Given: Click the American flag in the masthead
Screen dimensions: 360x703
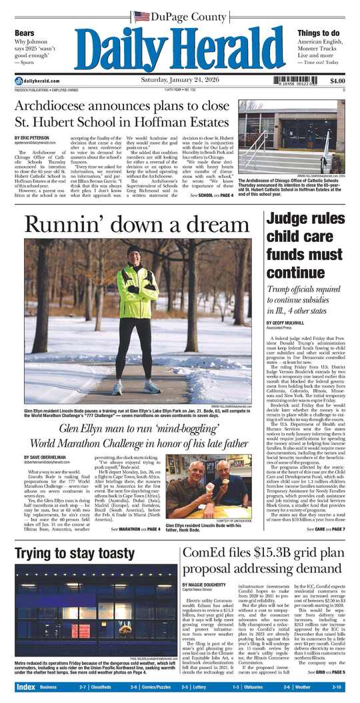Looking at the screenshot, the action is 141,17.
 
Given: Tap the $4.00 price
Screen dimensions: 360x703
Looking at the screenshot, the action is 337,81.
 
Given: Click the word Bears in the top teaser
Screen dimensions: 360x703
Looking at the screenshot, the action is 25,33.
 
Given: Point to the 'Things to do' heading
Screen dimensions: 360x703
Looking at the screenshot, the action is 319,33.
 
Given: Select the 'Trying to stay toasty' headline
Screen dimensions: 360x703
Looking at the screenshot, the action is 75,553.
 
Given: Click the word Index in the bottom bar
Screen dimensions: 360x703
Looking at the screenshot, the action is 25,687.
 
